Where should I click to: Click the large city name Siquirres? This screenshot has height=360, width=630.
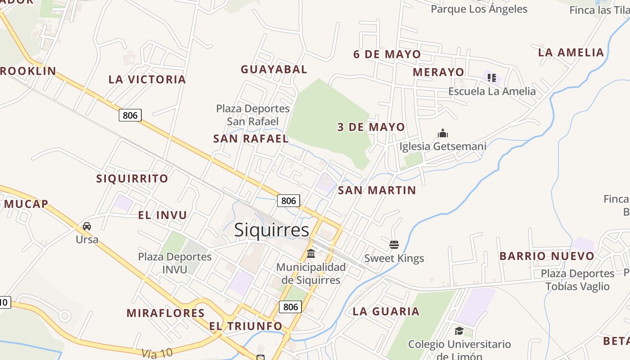coord(272,230)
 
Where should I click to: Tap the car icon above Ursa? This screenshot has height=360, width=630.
coord(87,226)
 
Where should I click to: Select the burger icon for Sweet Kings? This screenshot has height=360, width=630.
coord(394,245)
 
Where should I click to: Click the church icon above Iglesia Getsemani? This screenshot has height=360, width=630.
coord(443,134)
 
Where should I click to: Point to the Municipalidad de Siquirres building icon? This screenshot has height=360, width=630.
coord(311,253)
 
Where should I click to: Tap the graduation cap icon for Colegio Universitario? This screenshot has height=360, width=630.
coord(459,331)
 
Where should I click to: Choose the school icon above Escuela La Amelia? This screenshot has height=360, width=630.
coord(492,78)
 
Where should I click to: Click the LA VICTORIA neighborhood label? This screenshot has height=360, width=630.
coord(147,80)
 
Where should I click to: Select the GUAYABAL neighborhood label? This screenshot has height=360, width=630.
coord(274,69)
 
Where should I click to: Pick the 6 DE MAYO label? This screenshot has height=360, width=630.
coord(387,54)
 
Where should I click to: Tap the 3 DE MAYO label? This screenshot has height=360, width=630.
coord(371,127)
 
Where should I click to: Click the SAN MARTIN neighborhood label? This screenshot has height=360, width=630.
coord(377,190)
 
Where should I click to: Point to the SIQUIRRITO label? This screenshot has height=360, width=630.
coord(132,179)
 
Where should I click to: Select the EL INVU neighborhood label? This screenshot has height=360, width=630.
coord(162,215)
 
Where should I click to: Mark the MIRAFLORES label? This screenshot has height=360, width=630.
coord(166,313)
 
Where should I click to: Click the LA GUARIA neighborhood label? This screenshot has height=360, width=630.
coord(386,311)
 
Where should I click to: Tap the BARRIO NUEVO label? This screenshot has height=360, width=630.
coord(547,256)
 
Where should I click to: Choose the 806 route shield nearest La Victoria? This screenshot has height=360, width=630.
coord(130,115)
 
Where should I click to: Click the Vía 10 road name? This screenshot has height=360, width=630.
coord(157,353)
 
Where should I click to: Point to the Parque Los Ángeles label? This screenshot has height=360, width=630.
coord(479,9)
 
